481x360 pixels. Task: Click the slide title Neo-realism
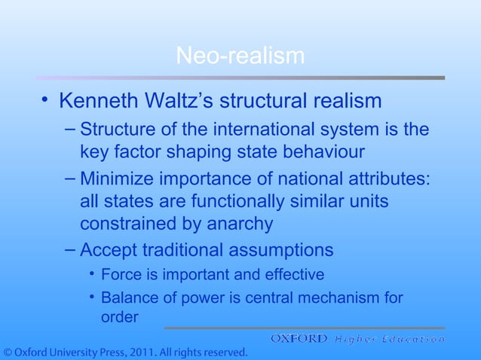(x=240, y=56)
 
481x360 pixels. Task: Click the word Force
(x=121, y=274)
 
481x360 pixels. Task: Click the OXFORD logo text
(x=299, y=339)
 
